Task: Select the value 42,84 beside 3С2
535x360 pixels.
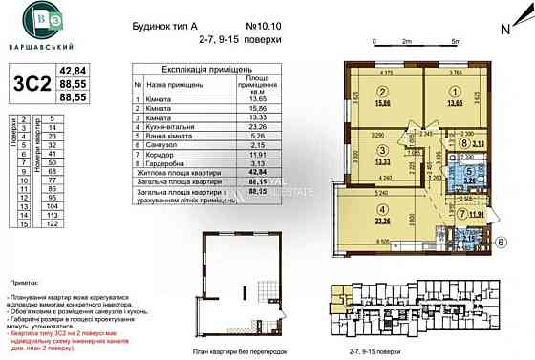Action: tap(74, 70)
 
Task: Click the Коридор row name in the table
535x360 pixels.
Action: tap(157, 153)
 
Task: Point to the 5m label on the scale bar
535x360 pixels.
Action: tap(456, 43)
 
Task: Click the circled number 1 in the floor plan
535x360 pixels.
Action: tap(455, 93)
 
